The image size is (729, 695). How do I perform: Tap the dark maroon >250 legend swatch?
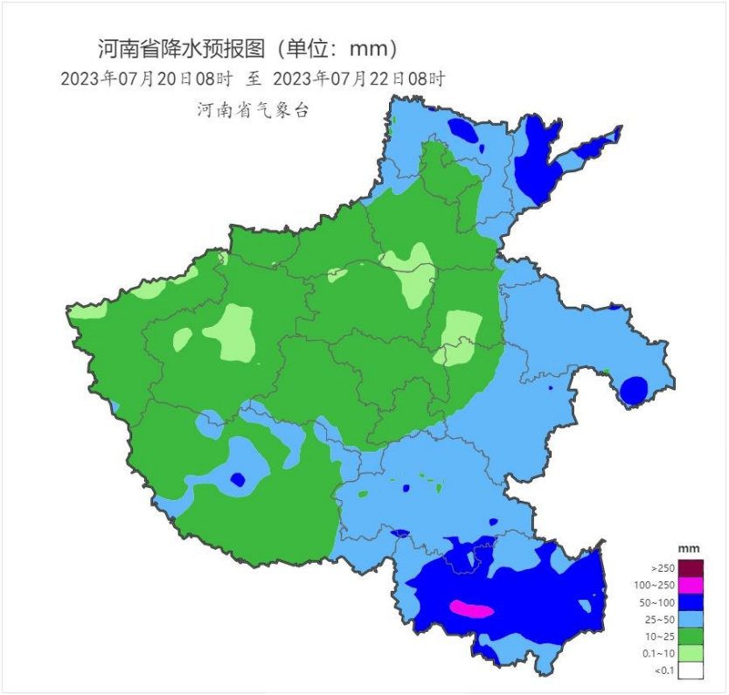(x=691, y=568)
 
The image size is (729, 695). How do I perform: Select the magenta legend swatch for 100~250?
(x=691, y=586)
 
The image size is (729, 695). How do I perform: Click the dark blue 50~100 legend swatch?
(x=691, y=603)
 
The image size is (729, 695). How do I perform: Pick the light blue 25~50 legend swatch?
(x=691, y=620)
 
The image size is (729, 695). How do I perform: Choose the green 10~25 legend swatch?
(x=691, y=637)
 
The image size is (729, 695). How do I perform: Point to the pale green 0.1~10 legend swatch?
(x=691, y=654)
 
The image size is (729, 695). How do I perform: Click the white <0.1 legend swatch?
(x=691, y=671)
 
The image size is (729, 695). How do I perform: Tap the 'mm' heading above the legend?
(x=690, y=548)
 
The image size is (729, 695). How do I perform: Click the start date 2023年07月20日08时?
(x=146, y=79)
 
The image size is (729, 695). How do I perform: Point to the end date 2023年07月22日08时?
(x=359, y=79)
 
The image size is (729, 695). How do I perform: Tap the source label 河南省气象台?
(x=252, y=111)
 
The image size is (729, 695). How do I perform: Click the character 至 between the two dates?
(x=253, y=79)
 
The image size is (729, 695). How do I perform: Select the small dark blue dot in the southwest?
(x=236, y=479)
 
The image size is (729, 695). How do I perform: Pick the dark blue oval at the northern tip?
(x=463, y=131)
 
